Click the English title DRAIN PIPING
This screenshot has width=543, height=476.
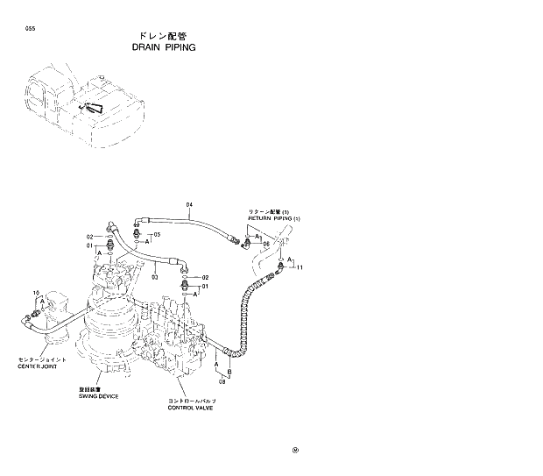pos(164,47)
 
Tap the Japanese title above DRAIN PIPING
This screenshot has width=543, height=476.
pos(164,36)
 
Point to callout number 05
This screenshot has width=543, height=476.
pos(157,235)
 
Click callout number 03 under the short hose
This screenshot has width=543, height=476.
pos(154,277)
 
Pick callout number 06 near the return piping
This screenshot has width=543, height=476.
pos(266,244)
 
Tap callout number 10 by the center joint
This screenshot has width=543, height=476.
pos(36,292)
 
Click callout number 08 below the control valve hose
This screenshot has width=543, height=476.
pos(222,382)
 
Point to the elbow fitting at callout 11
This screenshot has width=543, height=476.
pos(281,265)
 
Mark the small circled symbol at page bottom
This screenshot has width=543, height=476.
pos(295,451)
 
